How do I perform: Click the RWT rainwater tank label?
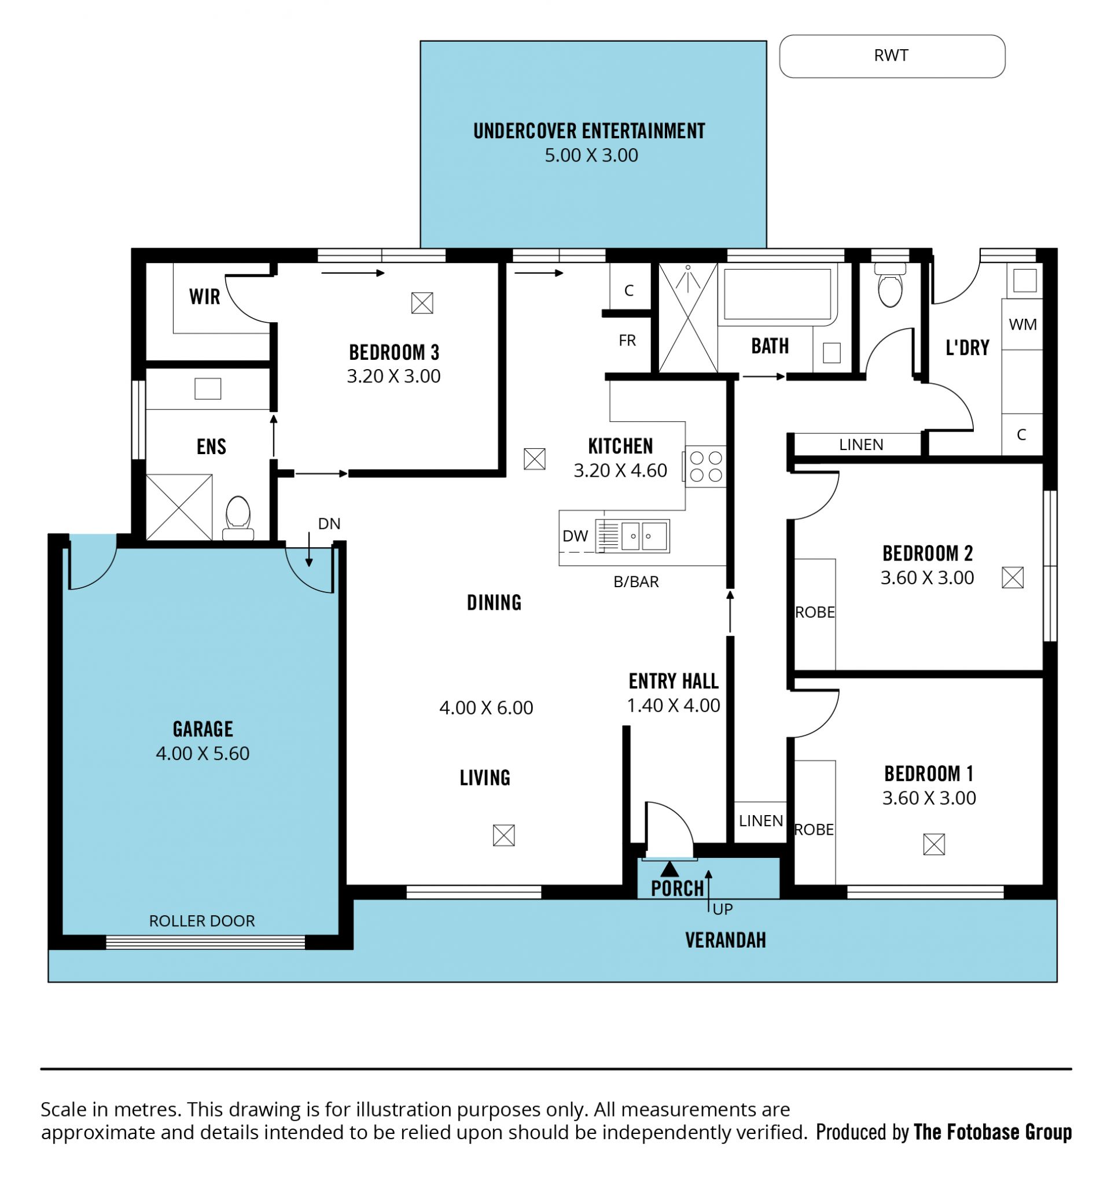(x=891, y=56)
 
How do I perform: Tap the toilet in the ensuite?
(x=238, y=518)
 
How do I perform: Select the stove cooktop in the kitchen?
(x=705, y=466)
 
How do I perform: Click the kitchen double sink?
(x=632, y=536)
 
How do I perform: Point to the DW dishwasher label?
(x=575, y=536)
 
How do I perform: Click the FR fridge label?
(x=627, y=340)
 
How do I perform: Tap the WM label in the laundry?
(x=1022, y=325)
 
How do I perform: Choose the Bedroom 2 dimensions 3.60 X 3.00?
(x=927, y=577)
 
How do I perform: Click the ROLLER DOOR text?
(x=202, y=921)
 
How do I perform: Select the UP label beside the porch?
(x=723, y=909)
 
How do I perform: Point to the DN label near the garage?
(x=329, y=524)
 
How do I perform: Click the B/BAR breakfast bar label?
(x=636, y=582)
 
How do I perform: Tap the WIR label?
(x=205, y=297)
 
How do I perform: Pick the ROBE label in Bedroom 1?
(x=814, y=830)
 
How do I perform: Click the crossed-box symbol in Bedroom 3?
(x=422, y=303)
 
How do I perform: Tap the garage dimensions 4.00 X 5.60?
(x=203, y=753)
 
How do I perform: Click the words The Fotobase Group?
(x=992, y=1132)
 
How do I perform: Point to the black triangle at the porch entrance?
(x=669, y=869)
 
